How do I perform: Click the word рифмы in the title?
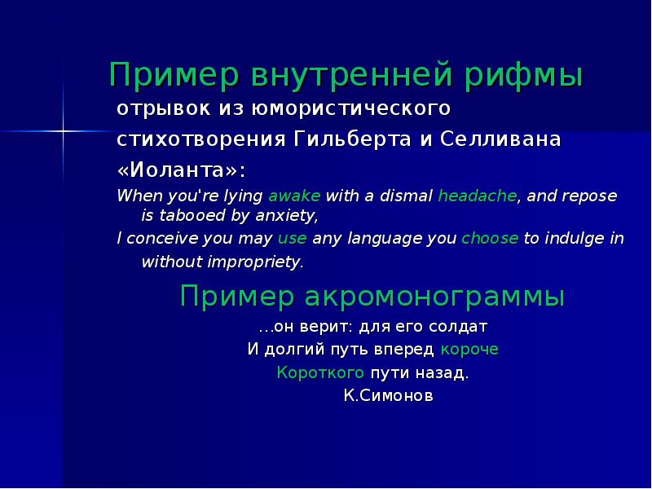[x=523, y=76]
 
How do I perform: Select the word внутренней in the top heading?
[x=352, y=74]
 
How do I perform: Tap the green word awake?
[x=294, y=196]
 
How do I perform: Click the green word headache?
[x=478, y=196]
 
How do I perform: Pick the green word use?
[x=293, y=239]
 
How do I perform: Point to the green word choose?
[x=490, y=238]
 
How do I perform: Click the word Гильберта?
[x=352, y=139]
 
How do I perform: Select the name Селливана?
[x=500, y=139]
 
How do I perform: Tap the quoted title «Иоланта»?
[x=181, y=170]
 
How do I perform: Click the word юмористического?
[x=351, y=109]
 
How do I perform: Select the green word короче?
[x=469, y=350]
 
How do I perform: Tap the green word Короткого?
[x=320, y=372]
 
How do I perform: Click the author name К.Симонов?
[x=389, y=395]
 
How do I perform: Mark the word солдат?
[x=458, y=327]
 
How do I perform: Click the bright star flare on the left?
[x=64, y=131]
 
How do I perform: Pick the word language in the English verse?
[x=378, y=239]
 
